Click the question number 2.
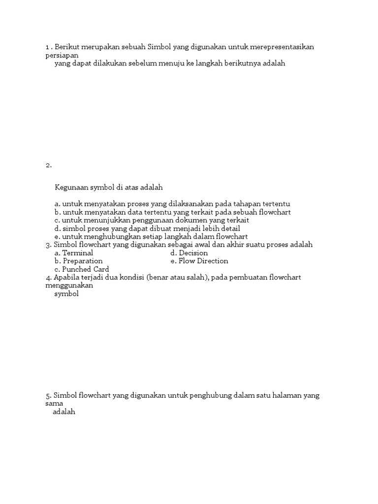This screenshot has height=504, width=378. point(48,165)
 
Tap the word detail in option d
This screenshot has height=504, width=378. point(230,229)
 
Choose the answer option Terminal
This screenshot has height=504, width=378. point(77,253)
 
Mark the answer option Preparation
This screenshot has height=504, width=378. point(82,261)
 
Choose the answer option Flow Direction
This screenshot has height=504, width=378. point(203,261)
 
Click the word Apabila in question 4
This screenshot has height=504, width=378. point(66,278)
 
